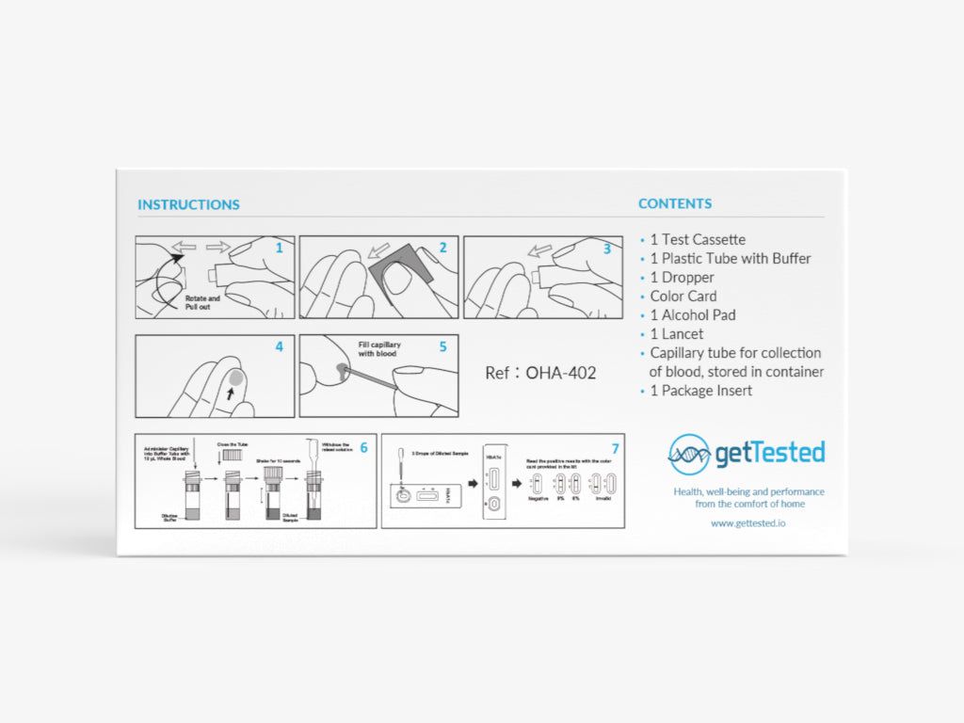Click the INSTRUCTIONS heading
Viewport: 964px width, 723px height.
click(x=188, y=204)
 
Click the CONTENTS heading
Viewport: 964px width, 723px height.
click(x=675, y=203)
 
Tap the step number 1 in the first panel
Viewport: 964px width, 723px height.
click(x=279, y=248)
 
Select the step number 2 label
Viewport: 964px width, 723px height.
click(x=442, y=248)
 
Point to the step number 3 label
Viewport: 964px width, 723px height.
click(x=607, y=249)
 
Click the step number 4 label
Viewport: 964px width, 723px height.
click(x=279, y=346)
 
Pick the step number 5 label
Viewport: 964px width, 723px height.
click(x=442, y=346)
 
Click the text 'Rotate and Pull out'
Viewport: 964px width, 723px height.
click(x=202, y=303)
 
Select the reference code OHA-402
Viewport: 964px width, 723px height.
click(x=560, y=373)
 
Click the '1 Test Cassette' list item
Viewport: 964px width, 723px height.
click(x=698, y=240)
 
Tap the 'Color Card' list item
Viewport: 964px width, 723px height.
click(x=683, y=297)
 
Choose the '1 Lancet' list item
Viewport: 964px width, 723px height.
click(x=677, y=334)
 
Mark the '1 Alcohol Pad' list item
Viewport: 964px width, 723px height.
click(x=693, y=315)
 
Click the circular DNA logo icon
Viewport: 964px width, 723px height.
click(x=689, y=454)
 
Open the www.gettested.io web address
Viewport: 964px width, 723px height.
click(x=748, y=522)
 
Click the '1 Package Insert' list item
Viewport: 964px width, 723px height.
click(x=701, y=391)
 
